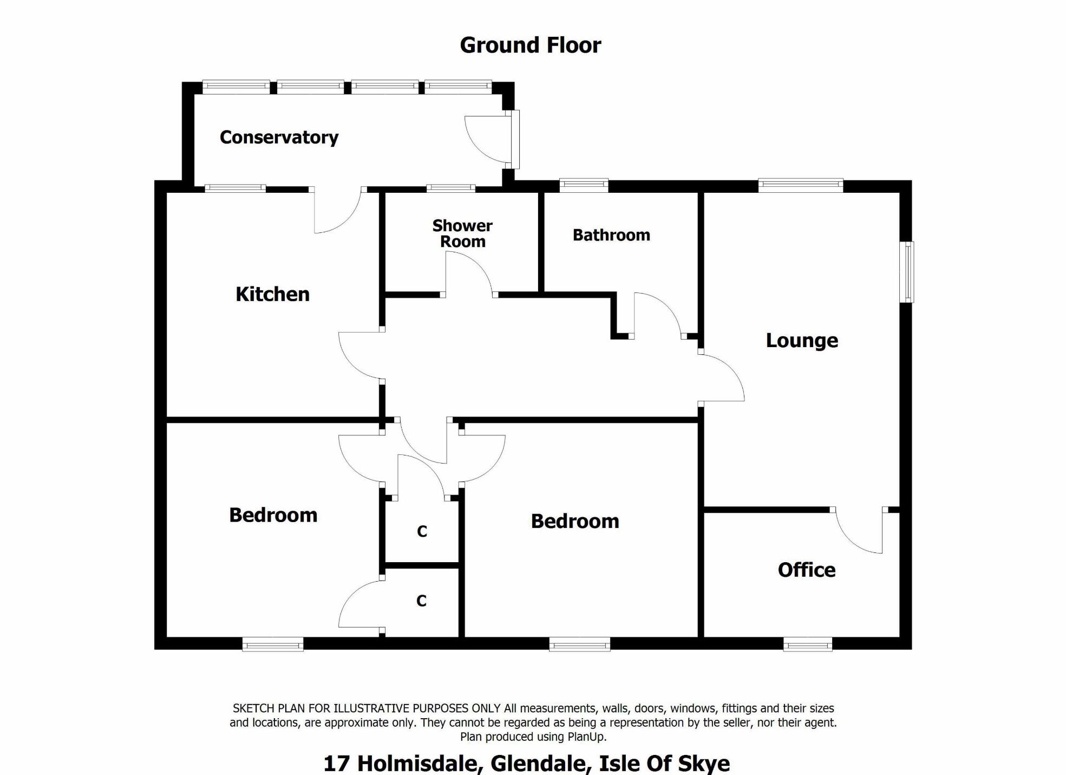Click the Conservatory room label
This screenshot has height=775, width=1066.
[x=279, y=138]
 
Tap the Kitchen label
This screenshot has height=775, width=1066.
[x=272, y=294]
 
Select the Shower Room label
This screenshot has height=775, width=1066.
[x=462, y=233]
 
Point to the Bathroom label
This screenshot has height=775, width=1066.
[x=611, y=235]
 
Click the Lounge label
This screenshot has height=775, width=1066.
[x=802, y=341]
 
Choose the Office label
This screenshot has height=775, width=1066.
[x=807, y=570]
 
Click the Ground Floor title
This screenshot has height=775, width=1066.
[x=531, y=45]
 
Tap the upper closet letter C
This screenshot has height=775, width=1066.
[x=422, y=531]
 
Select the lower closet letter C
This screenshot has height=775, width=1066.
[x=422, y=601]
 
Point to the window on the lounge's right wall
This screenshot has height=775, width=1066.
[x=907, y=272]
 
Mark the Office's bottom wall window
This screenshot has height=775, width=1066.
[x=808, y=644]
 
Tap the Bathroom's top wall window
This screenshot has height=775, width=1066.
[x=584, y=186]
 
